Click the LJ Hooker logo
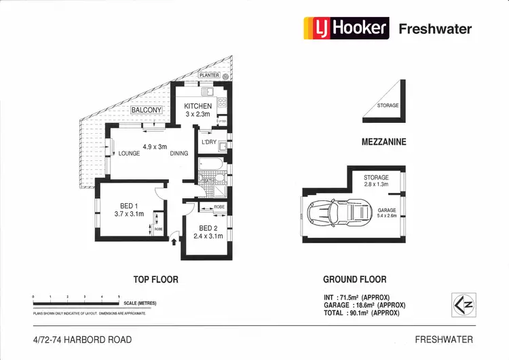[345, 28]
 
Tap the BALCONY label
[147, 110]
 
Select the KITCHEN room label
[198, 106]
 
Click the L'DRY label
[209, 142]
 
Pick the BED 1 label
[128, 206]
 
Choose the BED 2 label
[209, 228]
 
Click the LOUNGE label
[128, 154]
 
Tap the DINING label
[179, 154]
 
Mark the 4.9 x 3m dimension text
[155, 146]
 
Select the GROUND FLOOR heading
[354, 279]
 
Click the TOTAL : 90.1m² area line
[363, 313]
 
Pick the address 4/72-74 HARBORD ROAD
[82, 339]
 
